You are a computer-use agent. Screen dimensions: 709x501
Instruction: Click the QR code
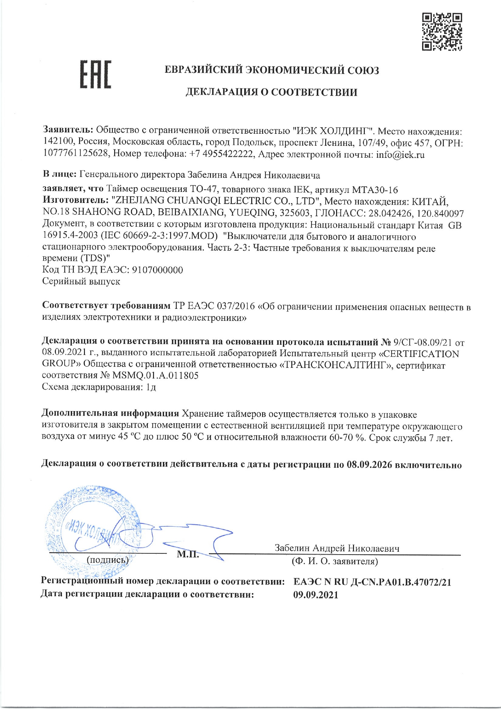[442, 32]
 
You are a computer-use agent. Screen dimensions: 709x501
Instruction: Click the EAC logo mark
[96, 75]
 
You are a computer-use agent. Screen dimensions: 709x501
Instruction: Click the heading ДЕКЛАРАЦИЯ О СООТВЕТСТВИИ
[271, 92]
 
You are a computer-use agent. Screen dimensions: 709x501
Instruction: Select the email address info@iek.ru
[400, 155]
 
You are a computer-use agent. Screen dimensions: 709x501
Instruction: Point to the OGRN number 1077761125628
[76, 154]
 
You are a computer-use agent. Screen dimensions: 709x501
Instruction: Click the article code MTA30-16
[375, 190]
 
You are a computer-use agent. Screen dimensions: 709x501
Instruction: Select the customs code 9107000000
[158, 270]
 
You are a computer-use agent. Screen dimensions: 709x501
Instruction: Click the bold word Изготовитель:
[75, 200]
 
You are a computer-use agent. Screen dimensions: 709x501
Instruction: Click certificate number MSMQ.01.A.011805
[156, 376]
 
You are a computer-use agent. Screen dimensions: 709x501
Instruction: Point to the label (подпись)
[107, 560]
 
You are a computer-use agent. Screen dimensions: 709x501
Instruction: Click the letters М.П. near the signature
[188, 554]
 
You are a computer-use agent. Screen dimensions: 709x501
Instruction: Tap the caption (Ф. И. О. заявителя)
[335, 561]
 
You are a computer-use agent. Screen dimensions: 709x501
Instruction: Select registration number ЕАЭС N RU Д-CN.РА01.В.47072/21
[372, 582]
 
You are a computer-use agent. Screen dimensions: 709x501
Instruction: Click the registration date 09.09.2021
[316, 595]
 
